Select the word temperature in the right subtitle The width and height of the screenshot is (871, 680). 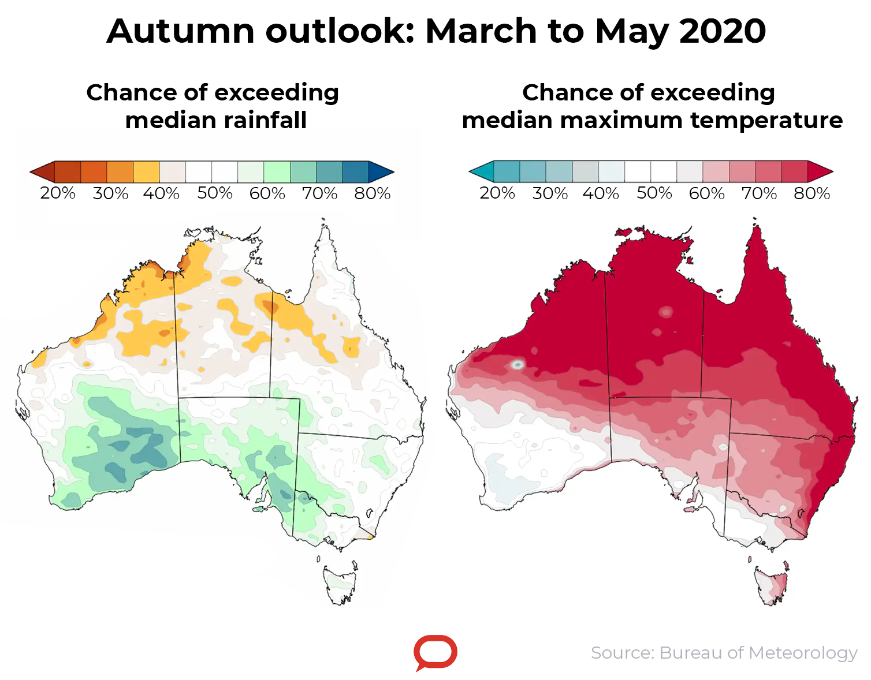(766, 121)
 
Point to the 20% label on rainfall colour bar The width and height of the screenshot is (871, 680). (58, 193)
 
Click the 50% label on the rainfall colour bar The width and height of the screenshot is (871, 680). (215, 193)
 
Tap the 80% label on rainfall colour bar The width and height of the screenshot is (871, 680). (373, 193)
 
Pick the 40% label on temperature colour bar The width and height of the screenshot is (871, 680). (601, 193)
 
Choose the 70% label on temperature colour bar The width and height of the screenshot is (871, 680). (759, 193)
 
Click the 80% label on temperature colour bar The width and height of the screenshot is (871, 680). (812, 193)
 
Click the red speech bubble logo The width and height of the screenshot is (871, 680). (435, 652)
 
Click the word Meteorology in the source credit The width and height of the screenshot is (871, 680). (803, 653)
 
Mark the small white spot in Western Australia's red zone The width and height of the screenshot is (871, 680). (518, 365)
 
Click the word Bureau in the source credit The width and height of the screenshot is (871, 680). (691, 653)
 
